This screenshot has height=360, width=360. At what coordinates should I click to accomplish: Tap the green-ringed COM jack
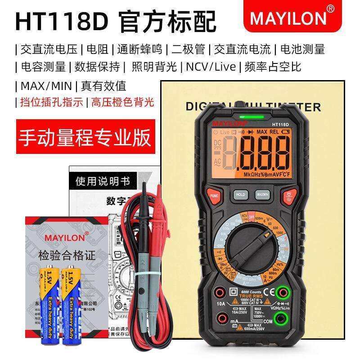(282, 320)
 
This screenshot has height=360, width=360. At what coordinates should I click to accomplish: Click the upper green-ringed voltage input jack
(282, 292)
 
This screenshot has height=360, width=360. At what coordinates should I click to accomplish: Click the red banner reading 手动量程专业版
(84, 137)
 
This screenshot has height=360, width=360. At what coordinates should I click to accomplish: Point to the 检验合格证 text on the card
(67, 256)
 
